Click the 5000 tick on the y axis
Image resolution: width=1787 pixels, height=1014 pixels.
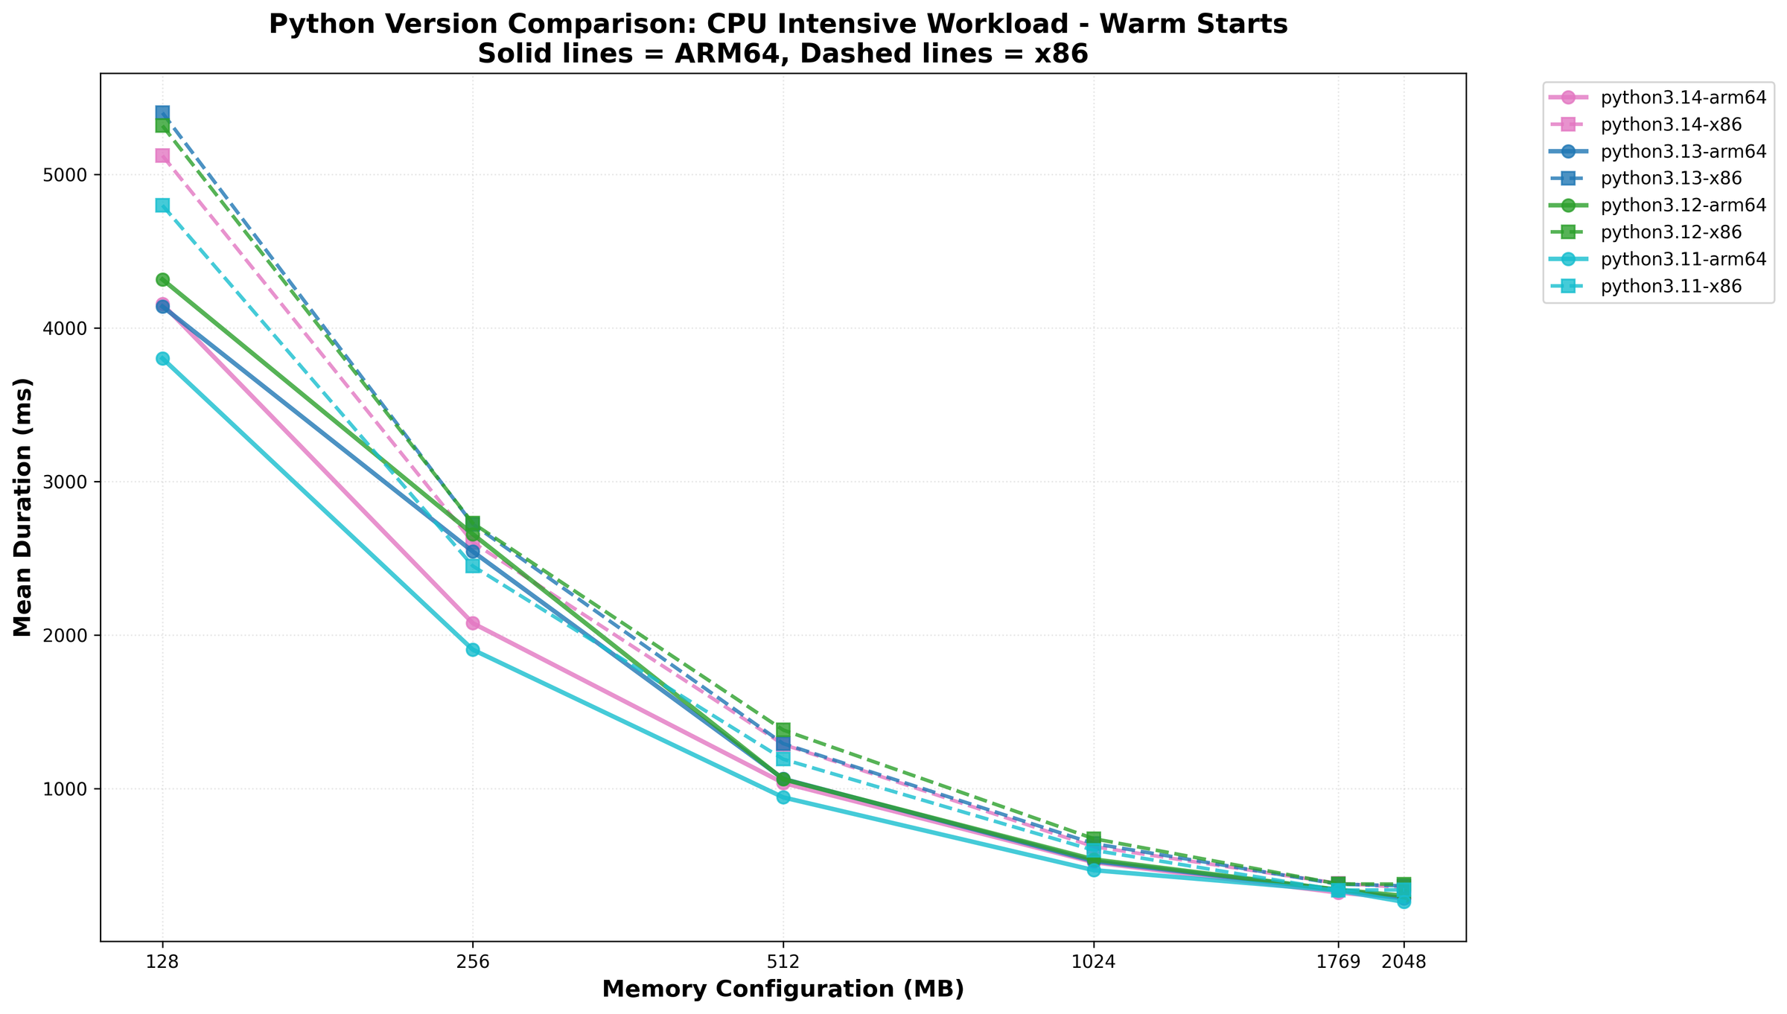[x=69, y=175]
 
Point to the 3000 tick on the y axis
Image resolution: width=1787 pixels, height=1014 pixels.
[x=69, y=482]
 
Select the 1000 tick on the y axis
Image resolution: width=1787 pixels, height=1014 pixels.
[x=69, y=789]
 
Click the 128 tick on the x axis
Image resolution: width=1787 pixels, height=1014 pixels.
[x=162, y=962]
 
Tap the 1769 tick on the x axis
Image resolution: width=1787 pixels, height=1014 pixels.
[x=1338, y=962]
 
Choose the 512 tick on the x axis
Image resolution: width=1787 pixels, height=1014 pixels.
[x=783, y=962]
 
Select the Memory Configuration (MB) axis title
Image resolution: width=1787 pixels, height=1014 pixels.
[x=783, y=989]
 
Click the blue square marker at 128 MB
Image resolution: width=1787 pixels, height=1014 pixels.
[x=162, y=112]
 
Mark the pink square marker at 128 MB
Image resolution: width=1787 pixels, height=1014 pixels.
[x=162, y=156]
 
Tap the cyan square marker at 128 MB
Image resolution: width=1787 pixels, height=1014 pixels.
[x=162, y=205]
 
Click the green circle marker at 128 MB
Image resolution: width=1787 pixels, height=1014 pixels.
[x=162, y=280]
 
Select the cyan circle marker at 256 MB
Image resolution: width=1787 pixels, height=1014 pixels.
[x=473, y=650]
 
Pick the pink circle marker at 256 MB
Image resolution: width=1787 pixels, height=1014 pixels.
[x=473, y=623]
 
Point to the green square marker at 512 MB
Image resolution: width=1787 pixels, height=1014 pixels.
[x=783, y=730]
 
